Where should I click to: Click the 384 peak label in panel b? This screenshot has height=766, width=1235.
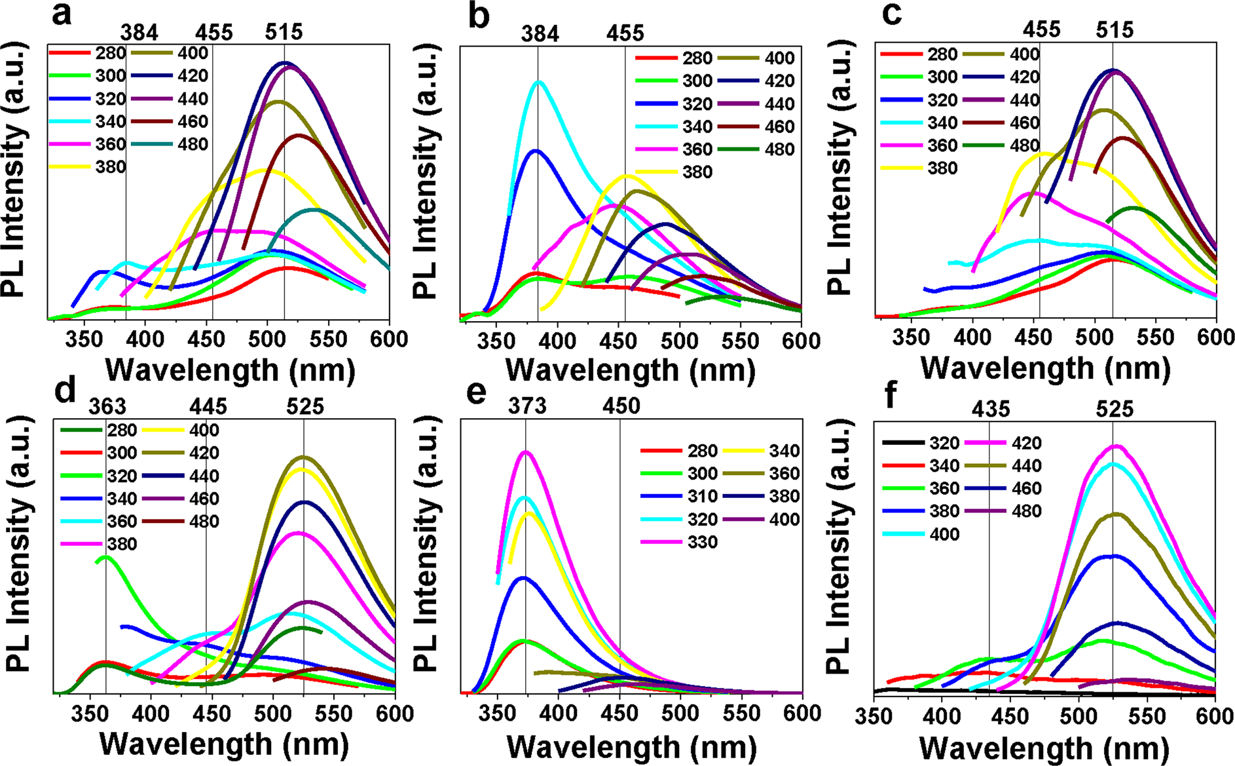540,33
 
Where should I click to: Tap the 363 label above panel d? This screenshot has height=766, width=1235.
107,407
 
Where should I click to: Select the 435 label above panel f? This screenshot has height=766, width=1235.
991,410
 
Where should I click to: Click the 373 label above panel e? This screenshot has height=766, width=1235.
527,407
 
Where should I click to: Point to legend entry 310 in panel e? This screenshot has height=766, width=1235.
703,497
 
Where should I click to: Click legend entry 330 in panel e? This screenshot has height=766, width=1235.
703,543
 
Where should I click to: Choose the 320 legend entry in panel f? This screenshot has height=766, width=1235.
944,443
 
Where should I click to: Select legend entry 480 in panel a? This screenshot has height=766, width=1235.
193,144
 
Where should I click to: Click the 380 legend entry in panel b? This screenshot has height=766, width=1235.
697,172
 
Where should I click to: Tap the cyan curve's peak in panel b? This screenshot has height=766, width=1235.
540,82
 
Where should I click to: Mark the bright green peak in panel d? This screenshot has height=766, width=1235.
105,557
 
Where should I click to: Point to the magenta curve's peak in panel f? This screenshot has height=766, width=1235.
1117,446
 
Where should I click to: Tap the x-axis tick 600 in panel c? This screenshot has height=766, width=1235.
1215,337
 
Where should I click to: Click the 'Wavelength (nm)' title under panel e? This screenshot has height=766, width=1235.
631,748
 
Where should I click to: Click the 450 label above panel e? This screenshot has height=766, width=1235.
621,407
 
